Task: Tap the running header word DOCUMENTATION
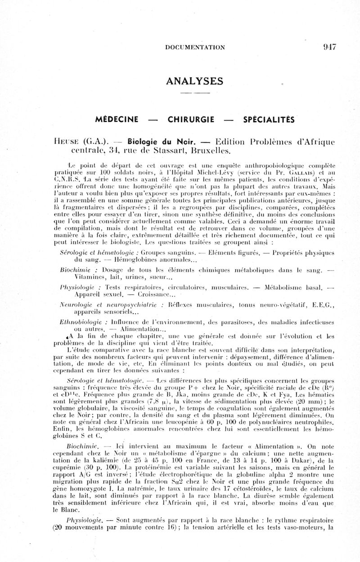(195, 47)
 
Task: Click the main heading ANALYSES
(194, 81)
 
